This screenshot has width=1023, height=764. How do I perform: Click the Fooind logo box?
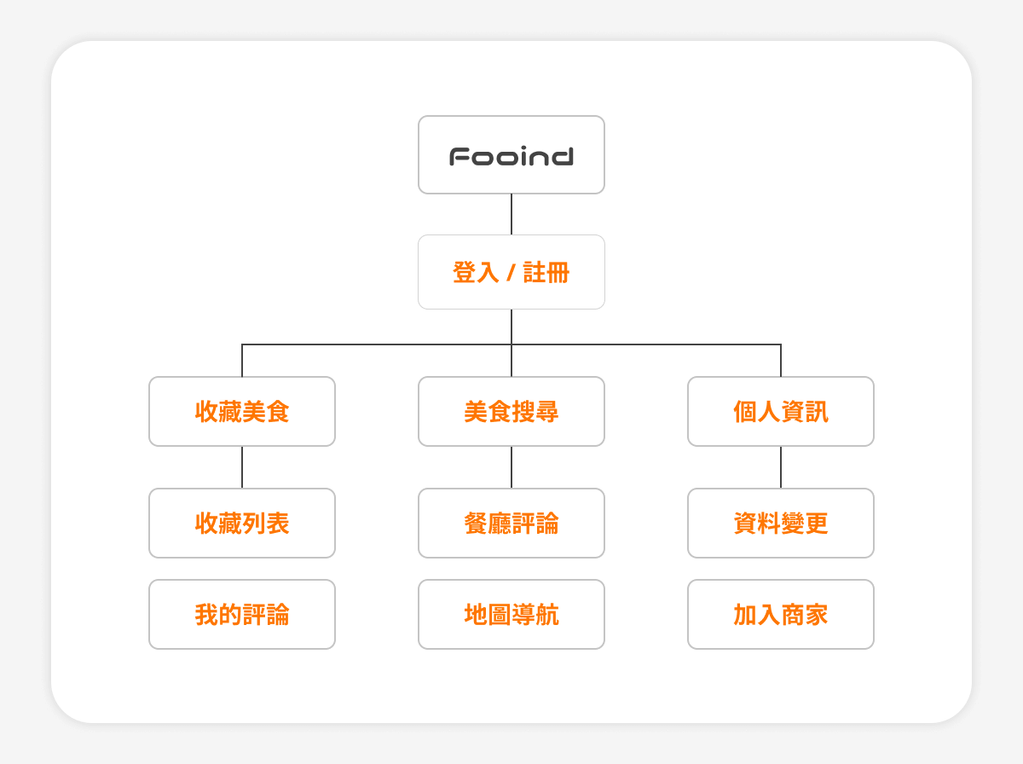[x=511, y=154]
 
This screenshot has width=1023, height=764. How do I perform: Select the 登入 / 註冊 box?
[x=511, y=272]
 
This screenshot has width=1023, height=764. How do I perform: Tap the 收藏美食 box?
[x=242, y=412]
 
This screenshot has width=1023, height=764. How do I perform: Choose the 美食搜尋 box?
[x=511, y=412]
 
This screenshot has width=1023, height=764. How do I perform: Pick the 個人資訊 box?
[x=781, y=412]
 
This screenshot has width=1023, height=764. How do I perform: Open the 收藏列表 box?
[x=242, y=523]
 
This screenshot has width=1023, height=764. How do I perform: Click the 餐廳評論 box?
[x=511, y=523]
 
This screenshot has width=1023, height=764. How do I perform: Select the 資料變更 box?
[x=781, y=523]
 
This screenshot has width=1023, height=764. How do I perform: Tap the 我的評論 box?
[x=242, y=615]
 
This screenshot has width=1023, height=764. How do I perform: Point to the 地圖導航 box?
[x=511, y=615]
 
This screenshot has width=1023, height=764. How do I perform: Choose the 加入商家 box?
[x=781, y=615]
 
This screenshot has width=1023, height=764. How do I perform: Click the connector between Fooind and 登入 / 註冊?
[x=511, y=214]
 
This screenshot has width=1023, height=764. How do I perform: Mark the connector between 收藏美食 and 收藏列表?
[x=242, y=467]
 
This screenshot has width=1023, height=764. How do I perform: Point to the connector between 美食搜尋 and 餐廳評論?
[x=511, y=467]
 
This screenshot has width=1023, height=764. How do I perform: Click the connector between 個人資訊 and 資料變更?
[x=781, y=467]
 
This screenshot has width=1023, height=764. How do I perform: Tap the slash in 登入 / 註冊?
[x=511, y=273]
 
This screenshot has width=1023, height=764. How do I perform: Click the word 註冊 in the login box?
[x=546, y=273]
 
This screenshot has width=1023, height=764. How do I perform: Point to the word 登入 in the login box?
[x=476, y=273]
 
